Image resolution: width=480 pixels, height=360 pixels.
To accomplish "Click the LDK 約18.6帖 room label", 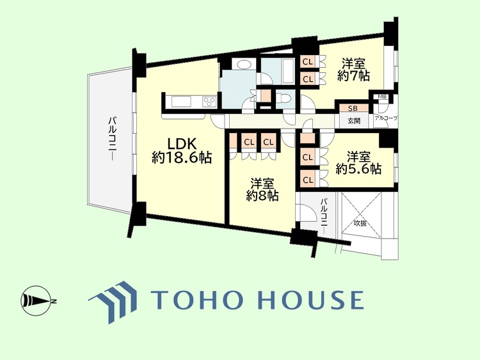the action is [182, 150].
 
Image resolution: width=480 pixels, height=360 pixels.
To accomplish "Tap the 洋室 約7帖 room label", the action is [353, 70].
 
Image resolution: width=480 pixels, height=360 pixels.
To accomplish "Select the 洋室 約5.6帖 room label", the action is [358, 162].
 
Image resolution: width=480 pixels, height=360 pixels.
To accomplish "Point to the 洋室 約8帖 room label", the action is [262, 190].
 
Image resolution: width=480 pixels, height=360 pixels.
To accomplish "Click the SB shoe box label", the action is [353, 108].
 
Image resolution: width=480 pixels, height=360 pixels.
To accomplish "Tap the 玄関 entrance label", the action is [354, 121].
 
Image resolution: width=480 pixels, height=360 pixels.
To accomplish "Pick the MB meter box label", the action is [382, 97].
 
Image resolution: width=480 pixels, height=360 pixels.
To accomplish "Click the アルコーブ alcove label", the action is [386, 118].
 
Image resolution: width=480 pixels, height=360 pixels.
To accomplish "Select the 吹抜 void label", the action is [360, 223].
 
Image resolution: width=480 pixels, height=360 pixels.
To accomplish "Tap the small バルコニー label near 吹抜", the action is [324, 216].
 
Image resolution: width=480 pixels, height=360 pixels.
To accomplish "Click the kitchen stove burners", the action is [210, 102].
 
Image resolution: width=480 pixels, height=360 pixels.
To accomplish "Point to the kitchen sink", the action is [181, 102].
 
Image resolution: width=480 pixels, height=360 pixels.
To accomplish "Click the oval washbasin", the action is [244, 65].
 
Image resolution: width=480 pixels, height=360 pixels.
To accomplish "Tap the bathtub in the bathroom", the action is [287, 70].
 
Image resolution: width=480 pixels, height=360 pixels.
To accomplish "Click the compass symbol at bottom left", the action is [36, 301].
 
